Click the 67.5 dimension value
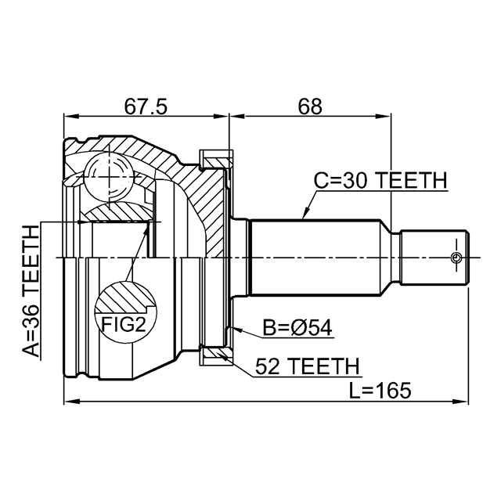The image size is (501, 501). (146, 105)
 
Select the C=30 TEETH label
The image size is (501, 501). (380, 181)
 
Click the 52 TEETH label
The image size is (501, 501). (307, 366)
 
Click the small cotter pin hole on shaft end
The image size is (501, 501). (456, 258)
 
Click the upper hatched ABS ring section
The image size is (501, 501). (214, 160)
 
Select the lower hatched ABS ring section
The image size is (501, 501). (214, 355)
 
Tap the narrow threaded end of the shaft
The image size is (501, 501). (435, 258)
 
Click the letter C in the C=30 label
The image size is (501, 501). (321, 181)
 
